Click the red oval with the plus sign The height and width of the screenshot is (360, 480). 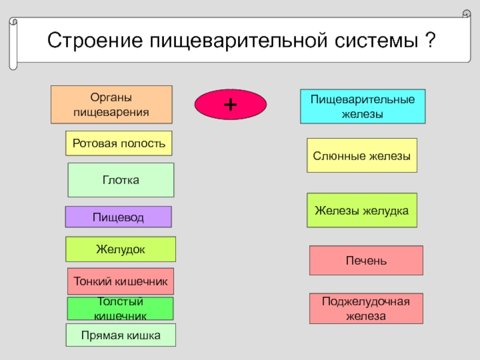click(230, 104)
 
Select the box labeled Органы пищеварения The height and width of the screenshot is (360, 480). click(111, 104)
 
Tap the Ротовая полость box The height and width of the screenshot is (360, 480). click(118, 143)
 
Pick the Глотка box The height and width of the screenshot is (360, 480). click(121, 180)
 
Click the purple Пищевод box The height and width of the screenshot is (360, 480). click(118, 217)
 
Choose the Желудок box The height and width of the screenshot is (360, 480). click(121, 249)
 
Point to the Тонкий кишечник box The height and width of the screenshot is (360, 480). click(121, 281)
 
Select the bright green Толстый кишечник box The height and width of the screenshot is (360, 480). click(120, 308)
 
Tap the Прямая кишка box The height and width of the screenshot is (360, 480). click(121, 335)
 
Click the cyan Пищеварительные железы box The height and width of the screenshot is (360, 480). click(362, 107)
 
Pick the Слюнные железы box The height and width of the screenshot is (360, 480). click(362, 155)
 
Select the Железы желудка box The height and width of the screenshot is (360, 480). click(362, 210)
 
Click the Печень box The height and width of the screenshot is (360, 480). click(366, 260)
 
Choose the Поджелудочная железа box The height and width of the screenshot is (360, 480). click(366, 308)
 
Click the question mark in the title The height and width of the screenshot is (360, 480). click(430, 40)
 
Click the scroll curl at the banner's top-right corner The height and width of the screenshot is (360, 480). click(466, 13)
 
